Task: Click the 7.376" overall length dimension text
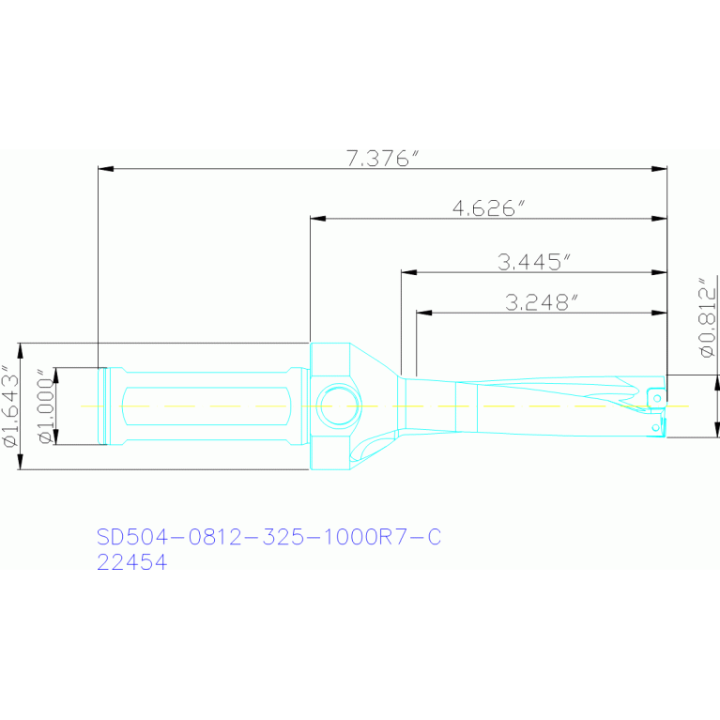tap(382, 158)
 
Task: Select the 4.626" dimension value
tap(488, 208)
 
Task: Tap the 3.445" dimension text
tap(534, 262)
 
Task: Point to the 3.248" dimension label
tap(541, 302)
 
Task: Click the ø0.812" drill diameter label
tap(707, 317)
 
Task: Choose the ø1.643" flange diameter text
tap(10, 406)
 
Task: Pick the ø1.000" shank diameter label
tap(46, 406)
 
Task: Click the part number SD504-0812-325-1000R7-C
tap(269, 536)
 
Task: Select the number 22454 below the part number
tap(131, 562)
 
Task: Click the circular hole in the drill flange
tap(339, 406)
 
